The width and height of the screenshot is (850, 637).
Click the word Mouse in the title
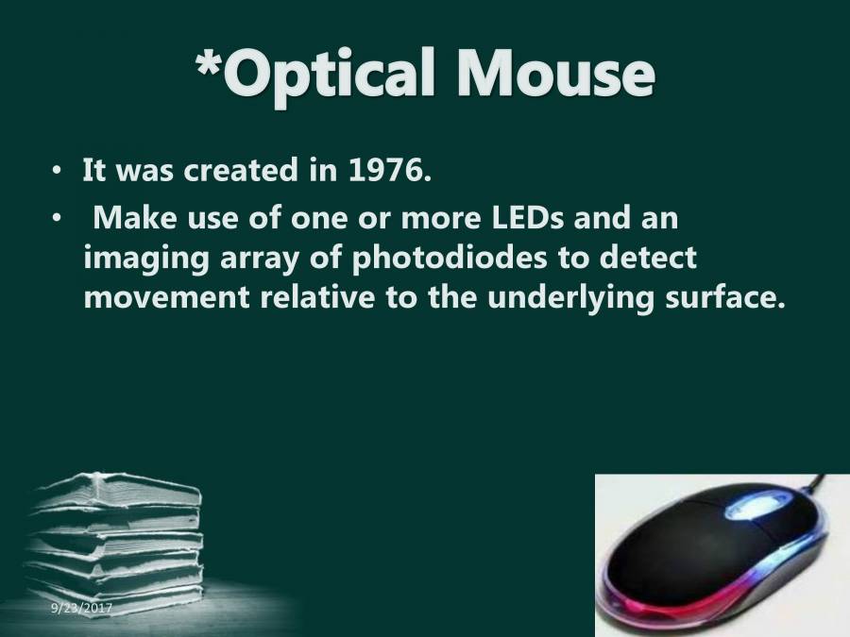pyautogui.click(x=556, y=75)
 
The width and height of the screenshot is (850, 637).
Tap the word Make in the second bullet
pyautogui.click(x=130, y=219)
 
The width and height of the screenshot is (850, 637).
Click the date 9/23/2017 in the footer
pyautogui.click(x=82, y=610)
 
